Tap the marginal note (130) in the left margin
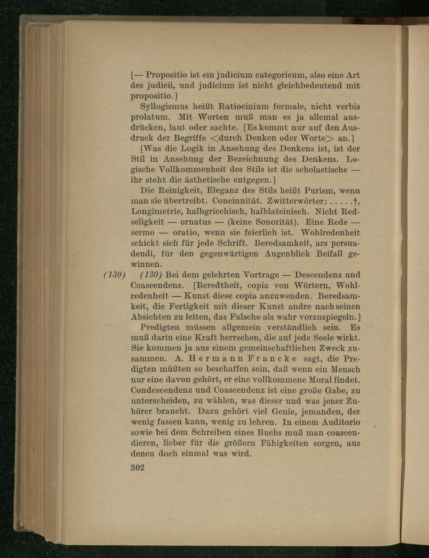[x=114, y=275]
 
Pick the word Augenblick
[x=287, y=254]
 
